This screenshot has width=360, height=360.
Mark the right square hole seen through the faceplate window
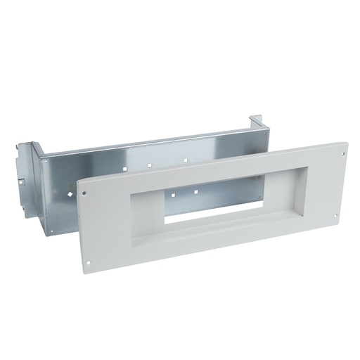point(194,191)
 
